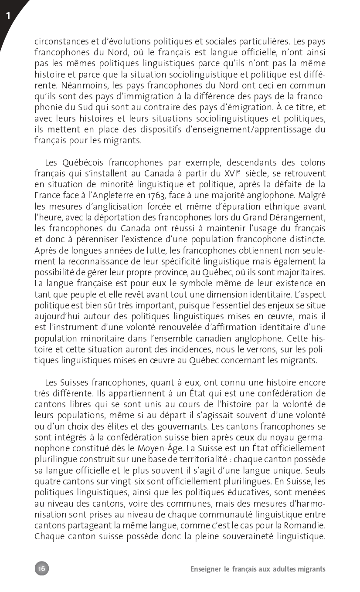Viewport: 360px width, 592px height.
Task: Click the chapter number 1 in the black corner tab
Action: point(8,17)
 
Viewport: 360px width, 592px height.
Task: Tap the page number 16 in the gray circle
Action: point(42,568)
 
